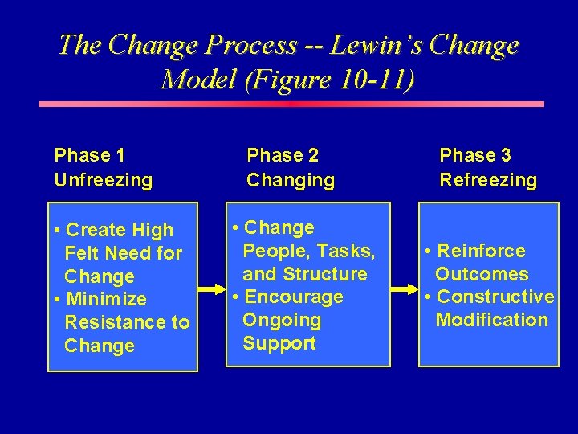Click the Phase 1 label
90,155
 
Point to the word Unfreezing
103,180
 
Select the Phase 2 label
283,155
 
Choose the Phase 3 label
475,155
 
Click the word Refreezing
488,180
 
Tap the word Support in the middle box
279,344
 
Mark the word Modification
491,321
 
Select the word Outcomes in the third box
482,274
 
